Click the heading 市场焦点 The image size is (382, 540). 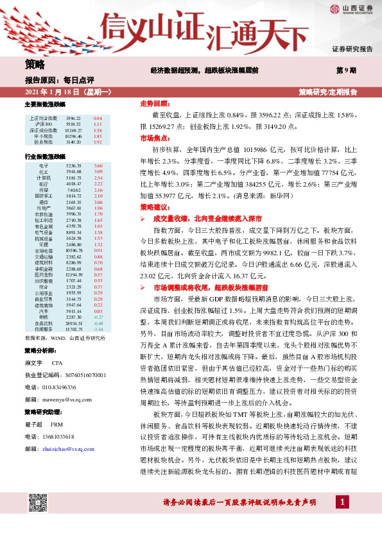153,137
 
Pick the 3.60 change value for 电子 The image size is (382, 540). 98,165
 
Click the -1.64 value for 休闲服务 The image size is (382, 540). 98,329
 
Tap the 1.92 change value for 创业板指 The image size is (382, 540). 98,141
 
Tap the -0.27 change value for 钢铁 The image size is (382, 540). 98,317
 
